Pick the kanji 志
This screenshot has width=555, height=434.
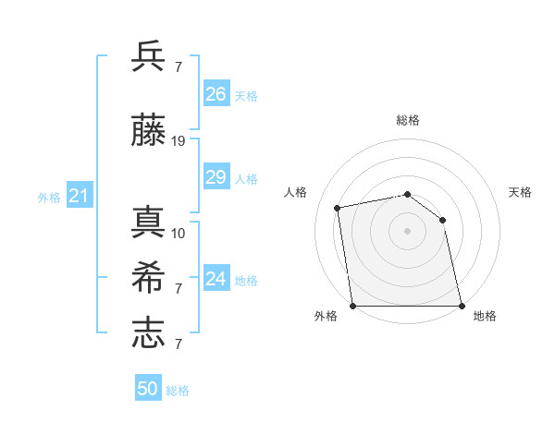click(148, 332)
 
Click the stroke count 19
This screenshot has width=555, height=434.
click(179, 141)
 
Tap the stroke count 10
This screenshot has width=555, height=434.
click(179, 233)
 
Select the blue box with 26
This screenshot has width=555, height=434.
click(216, 94)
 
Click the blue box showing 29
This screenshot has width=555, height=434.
click(216, 177)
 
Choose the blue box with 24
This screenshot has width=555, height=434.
click(216, 279)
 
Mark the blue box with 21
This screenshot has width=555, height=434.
click(79, 196)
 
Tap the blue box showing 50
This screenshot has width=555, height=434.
click(148, 389)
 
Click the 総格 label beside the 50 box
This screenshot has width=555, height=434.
click(178, 391)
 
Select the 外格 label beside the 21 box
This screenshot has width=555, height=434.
click(49, 197)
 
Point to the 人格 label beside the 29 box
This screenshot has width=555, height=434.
click(246, 178)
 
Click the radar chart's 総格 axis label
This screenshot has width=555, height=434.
click(408, 120)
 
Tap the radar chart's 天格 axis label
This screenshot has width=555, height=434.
click(520, 192)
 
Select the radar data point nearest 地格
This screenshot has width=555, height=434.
click(461, 305)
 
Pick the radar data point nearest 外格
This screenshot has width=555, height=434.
click(353, 305)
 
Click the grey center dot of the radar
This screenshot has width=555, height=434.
click(407, 230)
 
